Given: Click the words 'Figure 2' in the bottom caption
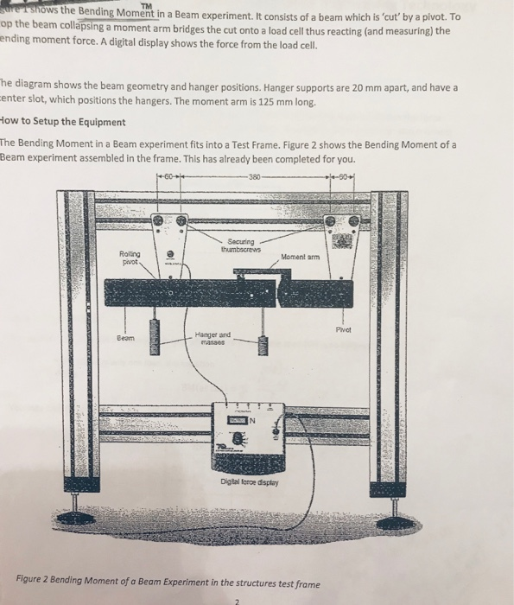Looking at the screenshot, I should (35, 583).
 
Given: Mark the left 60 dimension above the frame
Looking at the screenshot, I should (169, 179).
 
